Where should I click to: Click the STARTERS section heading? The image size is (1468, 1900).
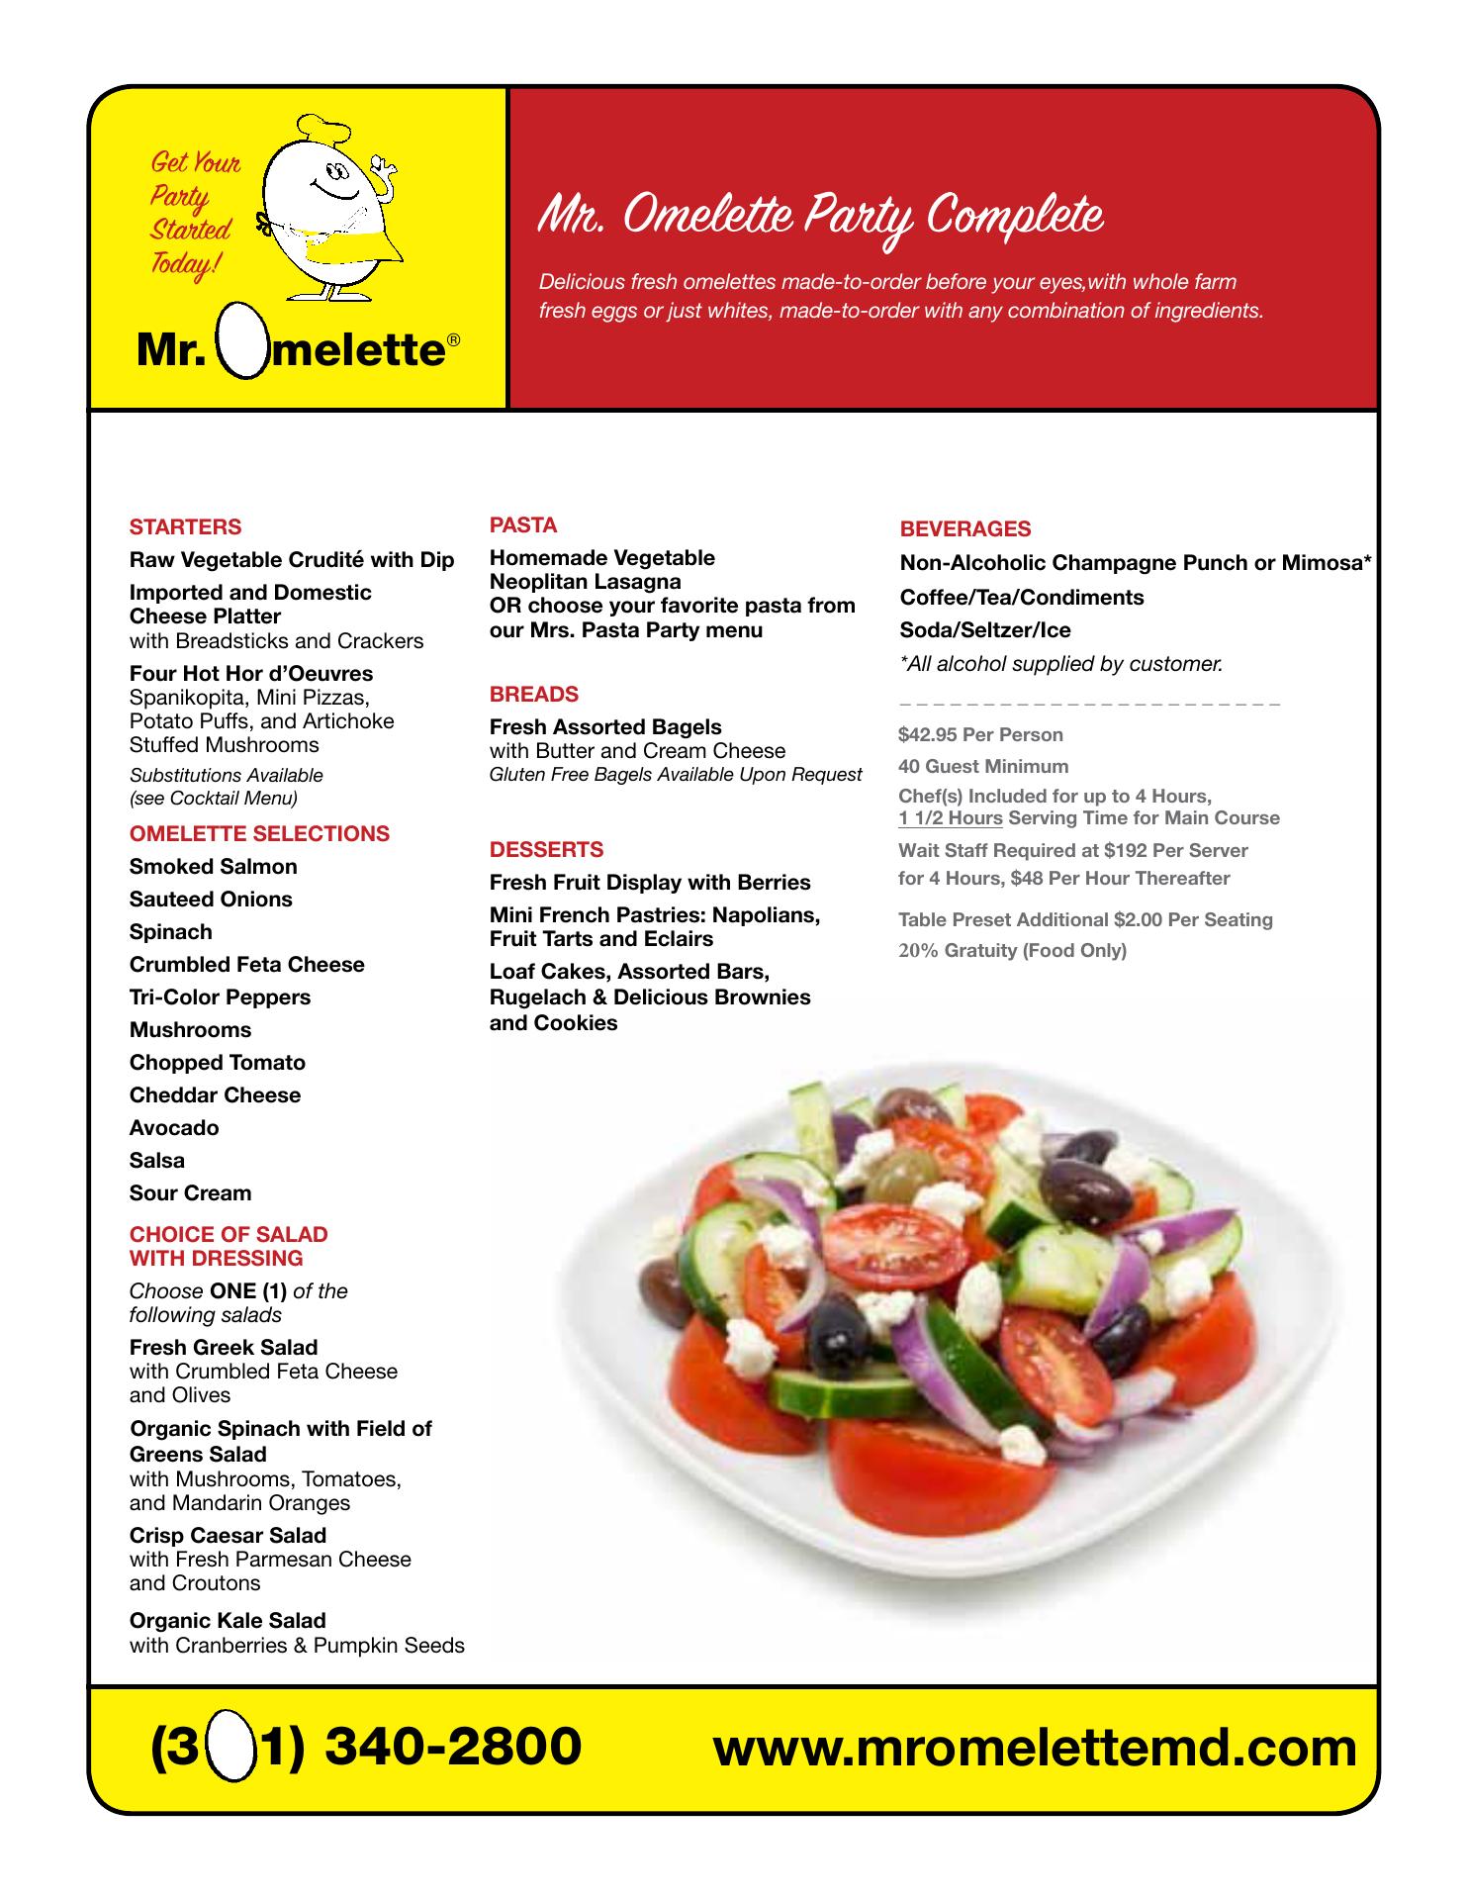185,527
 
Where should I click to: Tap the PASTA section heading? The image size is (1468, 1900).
523,525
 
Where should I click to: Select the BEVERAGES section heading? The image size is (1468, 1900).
964,529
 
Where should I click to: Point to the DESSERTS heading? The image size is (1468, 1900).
546,850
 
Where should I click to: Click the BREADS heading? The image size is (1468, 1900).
534,695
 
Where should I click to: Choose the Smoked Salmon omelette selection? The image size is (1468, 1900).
213,867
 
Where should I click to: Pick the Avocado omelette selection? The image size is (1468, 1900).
174,1128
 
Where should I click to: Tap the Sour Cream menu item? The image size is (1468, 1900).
190,1193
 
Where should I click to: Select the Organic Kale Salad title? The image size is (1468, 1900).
228,1621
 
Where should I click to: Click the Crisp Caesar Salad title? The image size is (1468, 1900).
228,1536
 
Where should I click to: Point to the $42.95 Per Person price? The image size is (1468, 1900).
980,735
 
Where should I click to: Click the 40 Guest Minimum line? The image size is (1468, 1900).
983,767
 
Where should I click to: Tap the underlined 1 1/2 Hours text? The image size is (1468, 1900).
951,818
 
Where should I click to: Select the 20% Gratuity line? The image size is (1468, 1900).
1012,951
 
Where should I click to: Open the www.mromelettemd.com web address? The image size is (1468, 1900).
1035,1748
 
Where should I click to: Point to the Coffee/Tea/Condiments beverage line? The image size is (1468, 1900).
1021,598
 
